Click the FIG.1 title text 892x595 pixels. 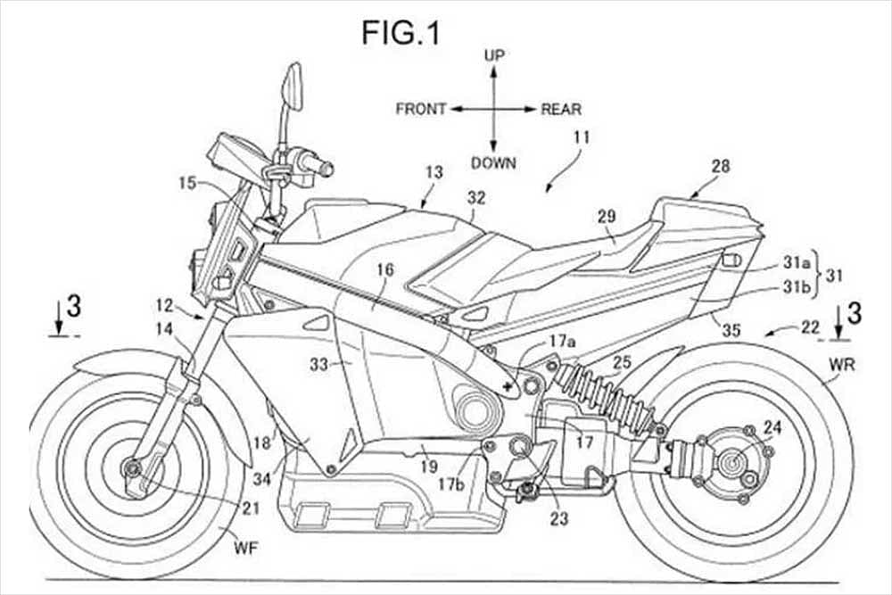point(401,33)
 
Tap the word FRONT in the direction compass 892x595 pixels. point(421,110)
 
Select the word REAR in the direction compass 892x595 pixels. point(561,110)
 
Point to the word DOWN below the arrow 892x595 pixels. point(493,162)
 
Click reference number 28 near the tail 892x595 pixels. point(721,167)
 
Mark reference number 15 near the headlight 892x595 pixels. point(188,184)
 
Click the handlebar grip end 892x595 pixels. point(326,167)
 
